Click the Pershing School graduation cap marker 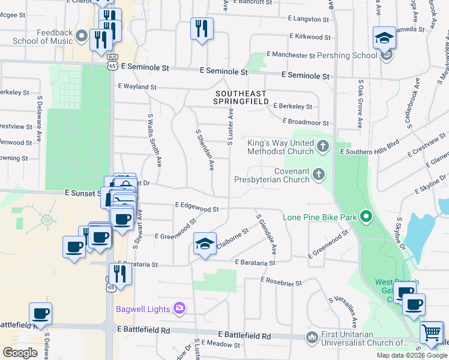384,39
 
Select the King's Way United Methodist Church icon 323,146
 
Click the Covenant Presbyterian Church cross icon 318,175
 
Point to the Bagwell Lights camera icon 179,308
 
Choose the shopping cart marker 432,332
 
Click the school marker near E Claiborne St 205,244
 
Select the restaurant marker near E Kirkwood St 202,29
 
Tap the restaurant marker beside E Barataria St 120,274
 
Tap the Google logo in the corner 20,352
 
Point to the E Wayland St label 137,87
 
